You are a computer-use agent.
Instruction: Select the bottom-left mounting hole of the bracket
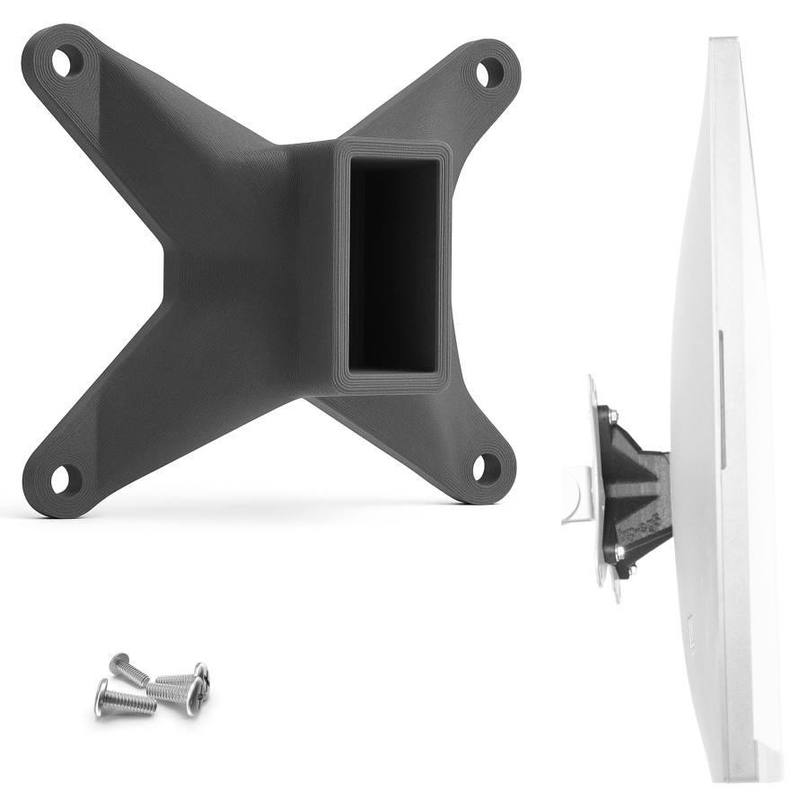coord(65,479)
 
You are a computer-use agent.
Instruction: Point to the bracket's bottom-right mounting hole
coord(487,467)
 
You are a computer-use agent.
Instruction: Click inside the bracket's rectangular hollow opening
coord(392,264)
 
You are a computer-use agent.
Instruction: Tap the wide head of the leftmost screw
coord(101,698)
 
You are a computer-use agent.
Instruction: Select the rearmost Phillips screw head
coord(201,673)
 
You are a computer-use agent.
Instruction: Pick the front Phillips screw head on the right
coord(193,696)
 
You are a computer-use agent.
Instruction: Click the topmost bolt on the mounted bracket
coord(610,415)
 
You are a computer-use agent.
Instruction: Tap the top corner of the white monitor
coord(723,40)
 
